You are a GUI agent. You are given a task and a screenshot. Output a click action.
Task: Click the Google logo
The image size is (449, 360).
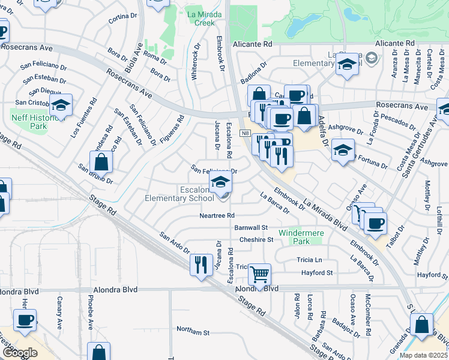click(20, 352)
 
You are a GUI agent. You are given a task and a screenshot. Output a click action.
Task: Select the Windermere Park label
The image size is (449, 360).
click(298, 236)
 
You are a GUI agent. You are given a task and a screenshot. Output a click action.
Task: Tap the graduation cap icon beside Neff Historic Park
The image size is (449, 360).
click(61, 106)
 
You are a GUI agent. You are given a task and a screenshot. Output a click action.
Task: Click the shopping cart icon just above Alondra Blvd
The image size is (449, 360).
click(259, 275)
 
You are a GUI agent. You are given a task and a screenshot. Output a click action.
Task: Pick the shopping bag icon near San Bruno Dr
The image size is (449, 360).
click(101, 161)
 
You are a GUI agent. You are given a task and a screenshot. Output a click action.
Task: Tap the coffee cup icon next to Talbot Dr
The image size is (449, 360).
click(376, 224)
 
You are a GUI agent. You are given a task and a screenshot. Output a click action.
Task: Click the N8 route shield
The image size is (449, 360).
click(246, 133)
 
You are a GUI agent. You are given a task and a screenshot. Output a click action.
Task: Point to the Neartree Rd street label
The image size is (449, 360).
click(217, 216)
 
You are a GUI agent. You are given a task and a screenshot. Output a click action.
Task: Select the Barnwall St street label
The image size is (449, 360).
click(251, 228)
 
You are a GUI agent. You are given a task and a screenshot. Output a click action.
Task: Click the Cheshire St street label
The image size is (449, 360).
click(256, 239)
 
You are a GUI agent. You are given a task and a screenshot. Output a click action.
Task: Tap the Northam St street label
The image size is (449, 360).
click(193, 331)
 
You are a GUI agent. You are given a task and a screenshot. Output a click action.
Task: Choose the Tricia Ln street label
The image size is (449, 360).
click(309, 260)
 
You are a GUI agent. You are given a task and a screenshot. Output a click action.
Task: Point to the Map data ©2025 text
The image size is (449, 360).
click(424, 355)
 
